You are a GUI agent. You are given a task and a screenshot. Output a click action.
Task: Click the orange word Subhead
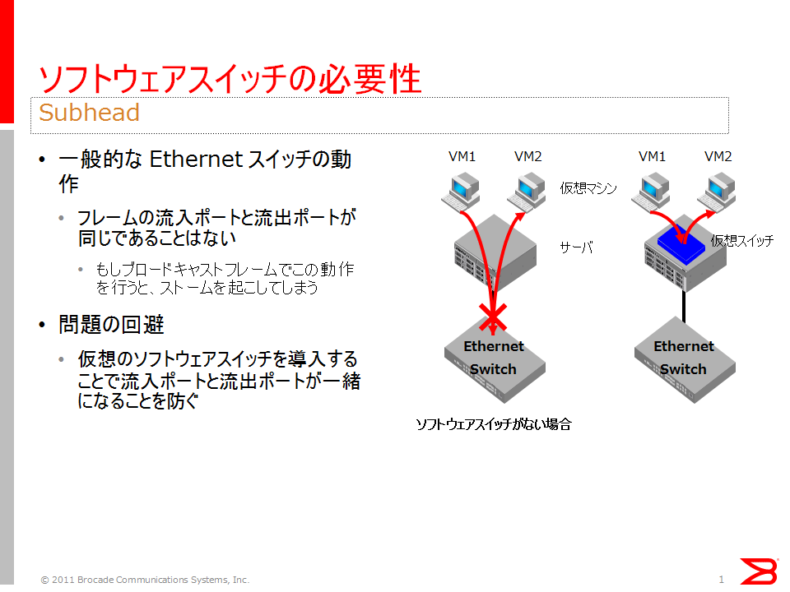pyautogui.click(x=89, y=113)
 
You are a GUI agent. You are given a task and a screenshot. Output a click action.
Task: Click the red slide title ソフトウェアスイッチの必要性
pyautogui.click(x=230, y=79)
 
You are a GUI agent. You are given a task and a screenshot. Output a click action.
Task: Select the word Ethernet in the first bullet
pyautogui.click(x=196, y=159)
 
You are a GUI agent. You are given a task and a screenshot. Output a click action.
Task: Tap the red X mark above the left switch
pyautogui.click(x=493, y=319)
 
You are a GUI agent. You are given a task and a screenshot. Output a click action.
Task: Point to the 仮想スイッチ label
pyautogui.click(x=742, y=241)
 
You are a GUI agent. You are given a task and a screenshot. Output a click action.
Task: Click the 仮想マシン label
pyautogui.click(x=588, y=188)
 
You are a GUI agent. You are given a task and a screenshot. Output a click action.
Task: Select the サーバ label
pyautogui.click(x=576, y=247)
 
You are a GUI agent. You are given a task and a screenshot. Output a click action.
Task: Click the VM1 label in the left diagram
pyautogui.click(x=462, y=156)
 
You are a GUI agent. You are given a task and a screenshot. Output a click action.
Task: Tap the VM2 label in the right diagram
pyautogui.click(x=718, y=156)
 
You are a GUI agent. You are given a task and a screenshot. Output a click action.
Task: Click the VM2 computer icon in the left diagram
pyautogui.click(x=527, y=192)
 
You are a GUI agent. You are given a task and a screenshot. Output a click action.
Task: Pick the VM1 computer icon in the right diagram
pyautogui.click(x=651, y=192)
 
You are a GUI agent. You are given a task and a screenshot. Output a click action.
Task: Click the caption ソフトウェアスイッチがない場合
pyautogui.click(x=493, y=424)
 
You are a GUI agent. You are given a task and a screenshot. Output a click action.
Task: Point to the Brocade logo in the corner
pyautogui.click(x=758, y=571)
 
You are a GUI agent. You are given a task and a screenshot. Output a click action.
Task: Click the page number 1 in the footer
pyautogui.click(x=722, y=580)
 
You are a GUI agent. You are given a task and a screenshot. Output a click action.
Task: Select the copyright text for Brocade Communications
pyautogui.click(x=145, y=580)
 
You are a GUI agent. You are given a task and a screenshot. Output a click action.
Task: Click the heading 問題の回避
pyautogui.click(x=111, y=324)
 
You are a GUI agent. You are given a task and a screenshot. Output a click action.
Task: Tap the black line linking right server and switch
pyautogui.click(x=684, y=306)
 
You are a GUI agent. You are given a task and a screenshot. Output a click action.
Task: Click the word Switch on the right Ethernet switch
pyautogui.click(x=684, y=369)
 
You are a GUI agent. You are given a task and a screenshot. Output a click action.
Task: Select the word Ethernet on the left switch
pyautogui.click(x=494, y=346)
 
